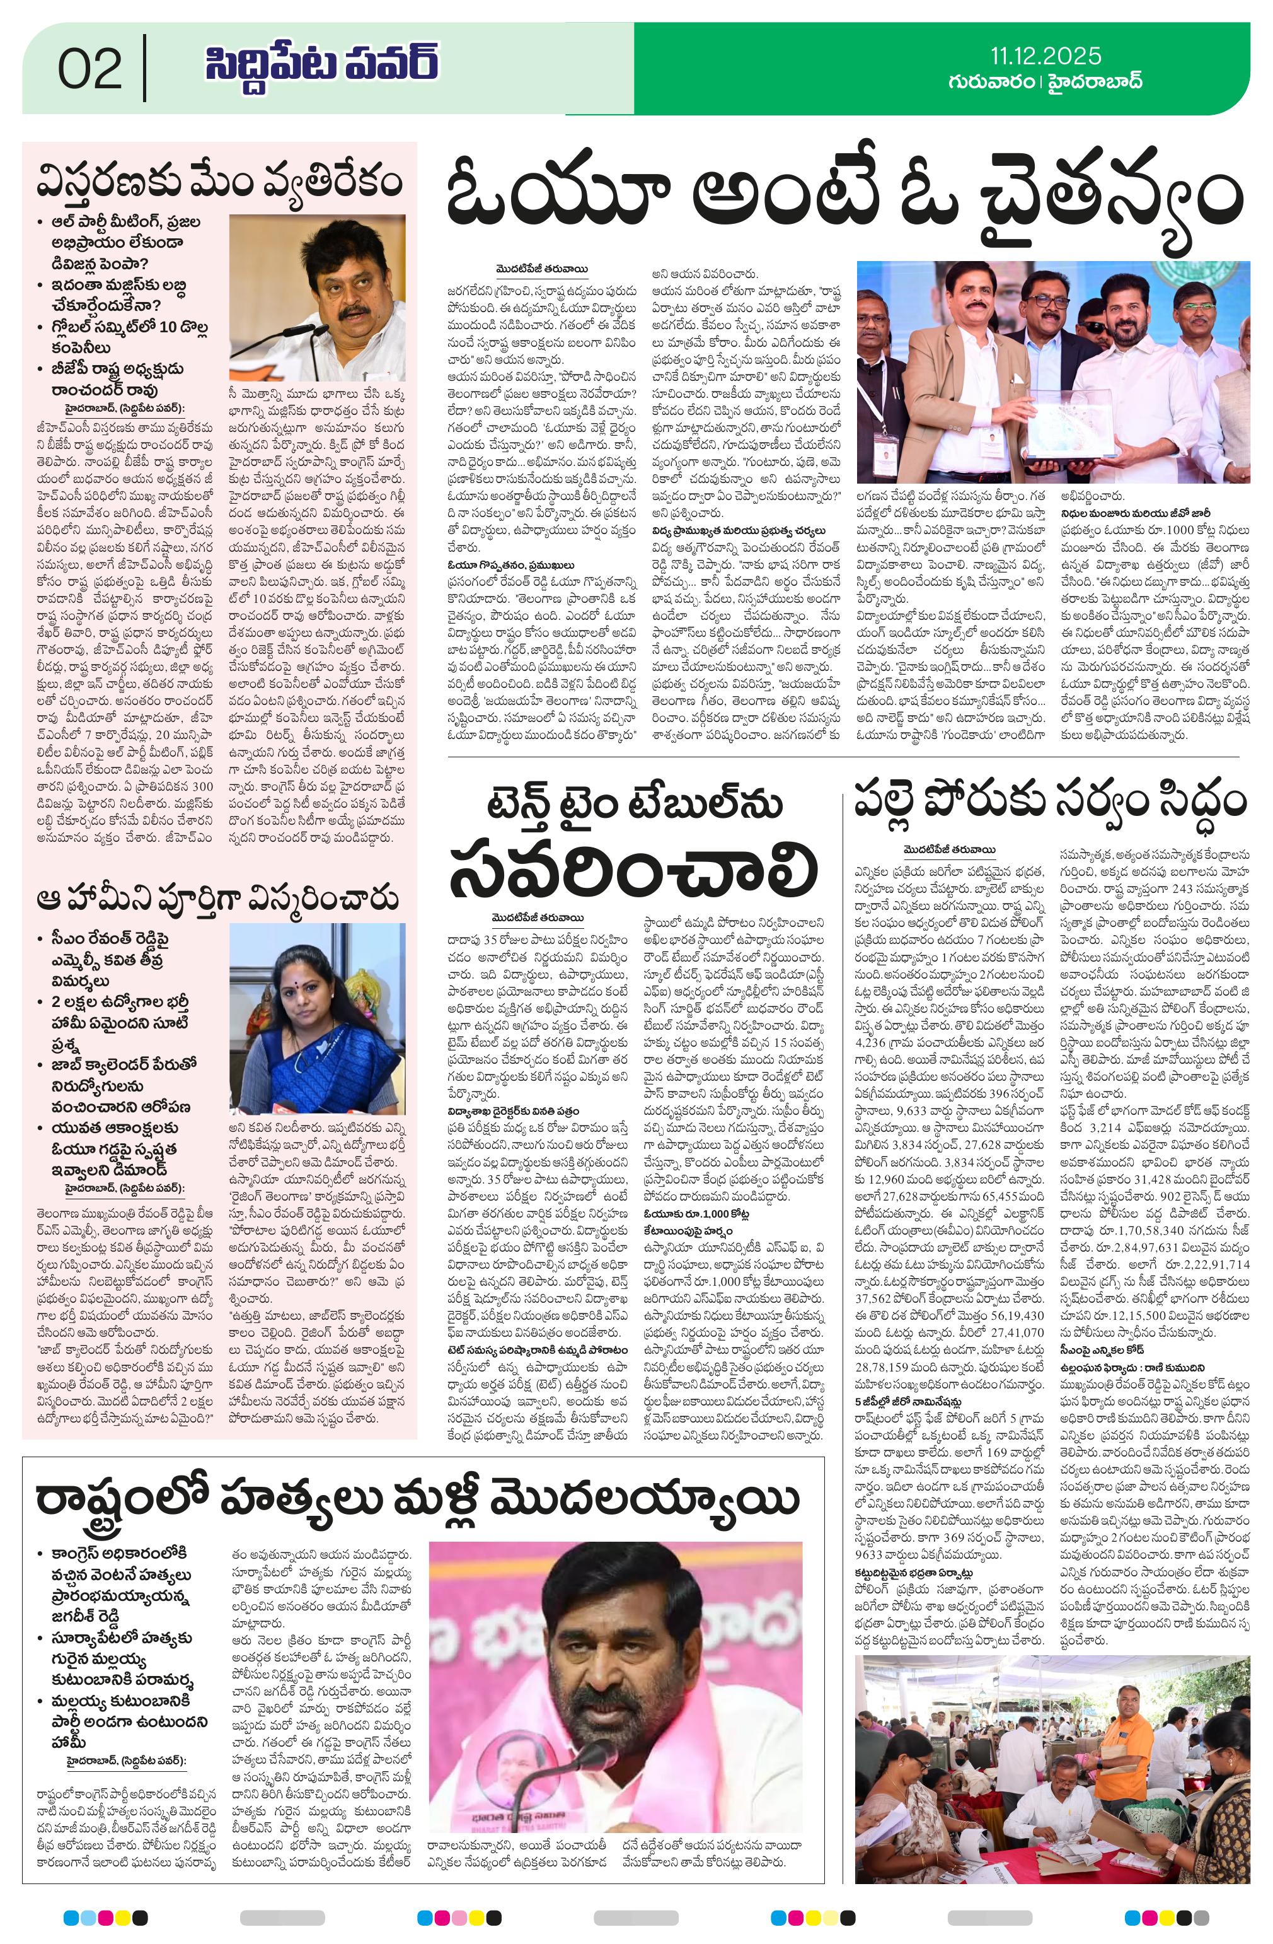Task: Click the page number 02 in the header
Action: point(90,69)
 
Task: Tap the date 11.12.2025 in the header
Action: point(1045,55)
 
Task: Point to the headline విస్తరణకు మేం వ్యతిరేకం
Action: point(220,182)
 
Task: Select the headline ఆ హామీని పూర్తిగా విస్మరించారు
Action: point(220,899)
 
